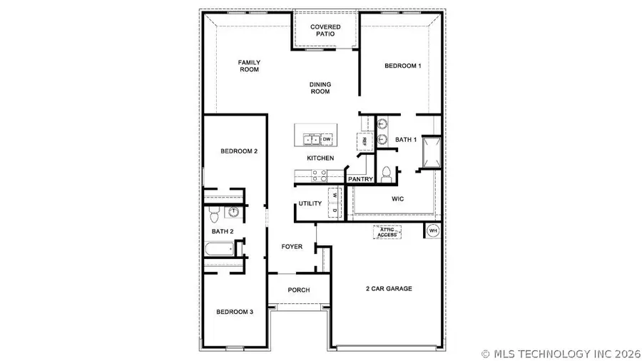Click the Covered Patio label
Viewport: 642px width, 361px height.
pyautogui.click(x=325, y=31)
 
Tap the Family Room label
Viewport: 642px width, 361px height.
pyautogui.click(x=249, y=66)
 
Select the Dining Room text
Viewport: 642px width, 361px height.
pyautogui.click(x=320, y=88)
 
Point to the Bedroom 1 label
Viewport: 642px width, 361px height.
pyautogui.click(x=403, y=66)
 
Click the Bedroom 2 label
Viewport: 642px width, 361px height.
pyautogui.click(x=239, y=151)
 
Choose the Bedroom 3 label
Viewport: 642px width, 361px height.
pyautogui.click(x=235, y=312)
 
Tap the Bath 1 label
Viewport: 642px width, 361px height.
pyautogui.click(x=405, y=140)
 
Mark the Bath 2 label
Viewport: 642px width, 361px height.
pyautogui.click(x=222, y=231)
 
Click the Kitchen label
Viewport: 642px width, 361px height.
pyautogui.click(x=320, y=158)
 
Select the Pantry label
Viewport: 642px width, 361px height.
pyautogui.click(x=361, y=179)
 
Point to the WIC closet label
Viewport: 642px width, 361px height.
pyautogui.click(x=397, y=198)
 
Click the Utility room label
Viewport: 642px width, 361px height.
pyautogui.click(x=310, y=204)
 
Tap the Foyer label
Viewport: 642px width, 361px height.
pyautogui.click(x=292, y=247)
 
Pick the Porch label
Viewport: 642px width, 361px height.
pyautogui.click(x=298, y=290)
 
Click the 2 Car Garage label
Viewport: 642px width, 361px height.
pyautogui.click(x=388, y=288)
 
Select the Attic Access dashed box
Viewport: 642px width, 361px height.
pyautogui.click(x=388, y=231)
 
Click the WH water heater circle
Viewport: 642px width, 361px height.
pyautogui.click(x=433, y=230)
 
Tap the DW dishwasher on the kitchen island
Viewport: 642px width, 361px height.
pyautogui.click(x=327, y=138)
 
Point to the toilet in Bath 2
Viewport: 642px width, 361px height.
pyautogui.click(x=213, y=214)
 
